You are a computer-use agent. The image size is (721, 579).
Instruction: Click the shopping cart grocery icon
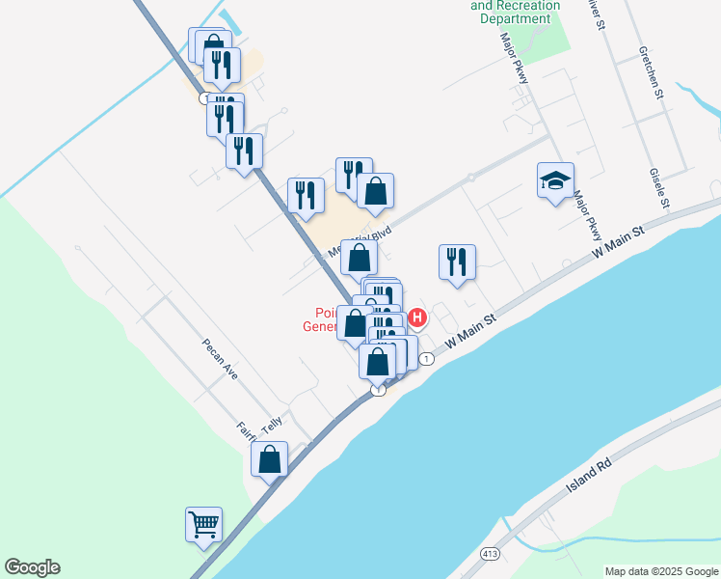point(204,525)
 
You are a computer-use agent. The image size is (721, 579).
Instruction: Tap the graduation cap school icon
point(555,180)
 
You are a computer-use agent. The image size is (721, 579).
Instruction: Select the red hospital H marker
point(417,317)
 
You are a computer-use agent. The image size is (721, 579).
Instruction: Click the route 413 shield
point(490,553)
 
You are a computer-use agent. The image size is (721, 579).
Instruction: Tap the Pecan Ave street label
point(219,359)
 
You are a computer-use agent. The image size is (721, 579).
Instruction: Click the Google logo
point(32,567)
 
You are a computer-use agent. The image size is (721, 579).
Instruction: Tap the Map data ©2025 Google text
point(660,571)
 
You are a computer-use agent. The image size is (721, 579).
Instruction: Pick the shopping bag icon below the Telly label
point(270,459)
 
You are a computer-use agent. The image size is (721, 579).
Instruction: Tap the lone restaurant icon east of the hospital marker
point(455,262)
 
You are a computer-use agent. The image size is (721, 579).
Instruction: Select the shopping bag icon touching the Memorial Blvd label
point(359,258)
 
